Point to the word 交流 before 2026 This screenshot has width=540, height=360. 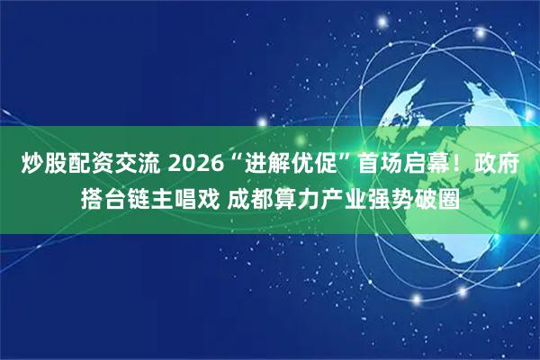click(x=137, y=165)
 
